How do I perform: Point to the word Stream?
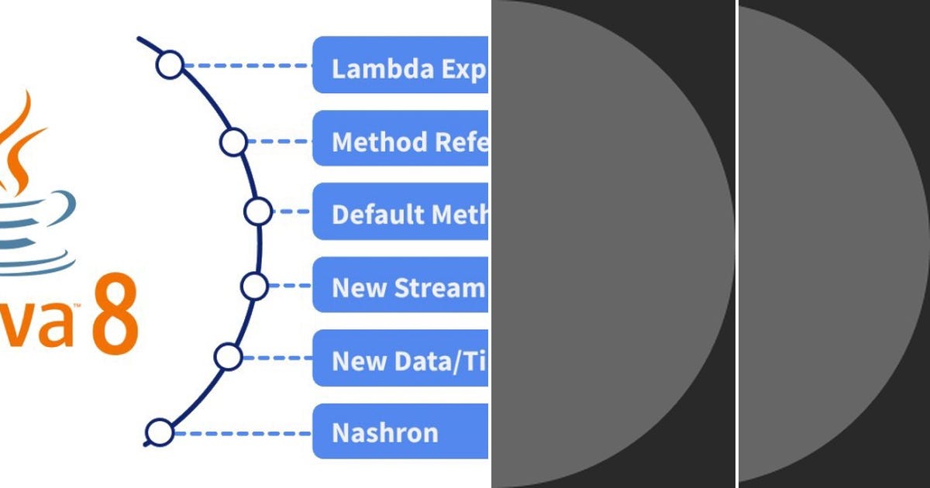[439, 287]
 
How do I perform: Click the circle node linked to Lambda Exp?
[169, 65]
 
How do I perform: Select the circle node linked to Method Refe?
[233, 142]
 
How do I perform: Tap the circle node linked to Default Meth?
[257, 211]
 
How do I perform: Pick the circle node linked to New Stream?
[254, 286]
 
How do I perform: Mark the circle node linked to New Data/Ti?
[228, 356]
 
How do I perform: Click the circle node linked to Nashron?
[160, 432]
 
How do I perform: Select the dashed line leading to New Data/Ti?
[276, 357]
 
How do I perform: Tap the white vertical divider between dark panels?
[736, 244]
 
